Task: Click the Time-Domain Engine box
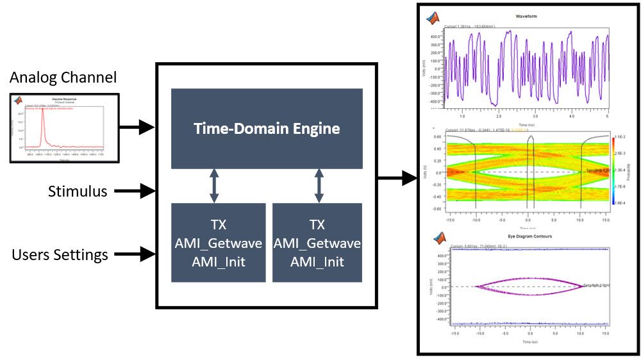tap(267, 128)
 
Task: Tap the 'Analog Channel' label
tap(63, 78)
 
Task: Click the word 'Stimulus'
tap(78, 191)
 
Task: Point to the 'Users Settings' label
tap(60, 255)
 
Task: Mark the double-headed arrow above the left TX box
tap(214, 186)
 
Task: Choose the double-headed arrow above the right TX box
tap(319, 186)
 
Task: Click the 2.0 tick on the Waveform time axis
tap(498, 117)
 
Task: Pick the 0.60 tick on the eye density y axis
tap(438, 136)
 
